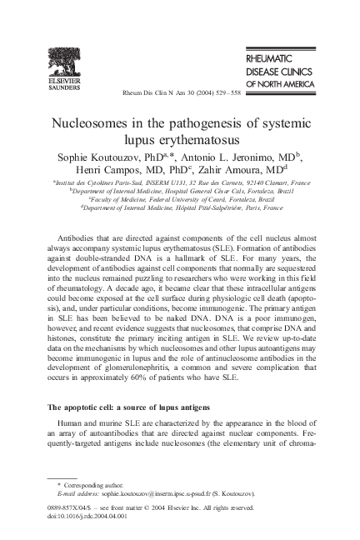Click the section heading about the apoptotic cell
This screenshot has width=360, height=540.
pyautogui.click(x=128, y=406)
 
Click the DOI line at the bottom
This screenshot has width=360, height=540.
pyautogui.click(x=87, y=515)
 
